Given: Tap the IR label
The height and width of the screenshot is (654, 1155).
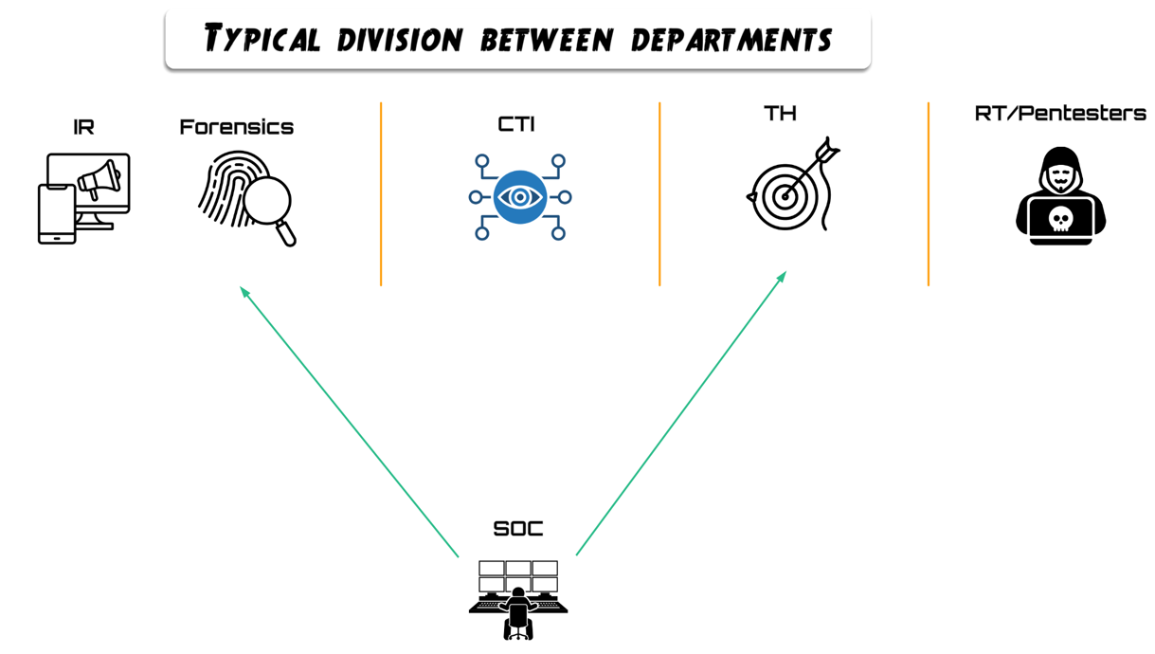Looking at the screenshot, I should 83,127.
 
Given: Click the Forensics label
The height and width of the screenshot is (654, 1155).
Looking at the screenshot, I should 236,127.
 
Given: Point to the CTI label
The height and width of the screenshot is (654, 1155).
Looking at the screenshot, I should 516,124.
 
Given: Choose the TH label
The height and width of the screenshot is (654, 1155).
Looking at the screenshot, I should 780,114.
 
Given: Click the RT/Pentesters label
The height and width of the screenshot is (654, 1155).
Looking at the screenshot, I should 1059,114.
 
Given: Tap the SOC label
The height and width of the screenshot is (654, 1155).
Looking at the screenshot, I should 518,529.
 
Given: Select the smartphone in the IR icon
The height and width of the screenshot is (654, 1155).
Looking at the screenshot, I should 56,214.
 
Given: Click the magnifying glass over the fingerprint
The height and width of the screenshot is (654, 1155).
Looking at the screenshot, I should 268,203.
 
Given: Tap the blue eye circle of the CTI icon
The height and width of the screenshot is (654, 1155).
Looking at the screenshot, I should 520,197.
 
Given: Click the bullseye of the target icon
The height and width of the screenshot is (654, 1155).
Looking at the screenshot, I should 784,197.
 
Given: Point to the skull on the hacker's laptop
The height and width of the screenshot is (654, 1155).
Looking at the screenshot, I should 1060,220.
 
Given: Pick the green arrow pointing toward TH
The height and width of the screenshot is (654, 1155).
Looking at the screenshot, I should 681,413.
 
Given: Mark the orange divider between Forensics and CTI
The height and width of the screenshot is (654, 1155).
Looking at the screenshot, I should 381,194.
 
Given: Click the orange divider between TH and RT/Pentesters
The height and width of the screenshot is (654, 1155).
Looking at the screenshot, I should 929,194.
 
